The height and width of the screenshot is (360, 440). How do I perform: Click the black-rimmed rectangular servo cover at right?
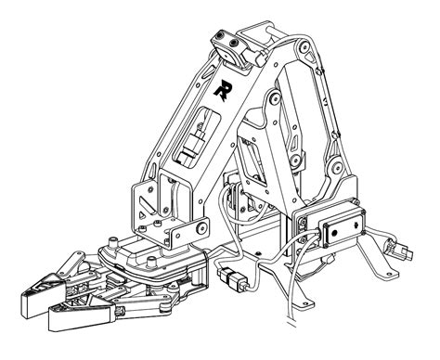(336, 228)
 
